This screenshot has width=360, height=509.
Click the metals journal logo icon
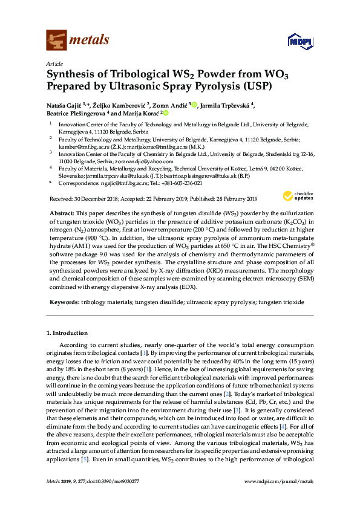(x=57, y=40)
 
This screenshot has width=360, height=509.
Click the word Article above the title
(x=54, y=63)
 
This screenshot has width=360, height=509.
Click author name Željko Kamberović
(x=126, y=105)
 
